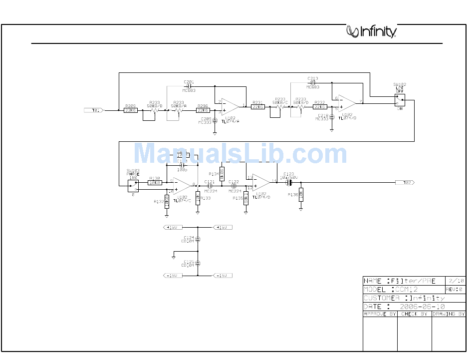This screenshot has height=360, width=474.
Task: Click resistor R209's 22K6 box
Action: pos(130,110)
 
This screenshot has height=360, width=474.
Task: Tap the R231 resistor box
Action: pos(257,106)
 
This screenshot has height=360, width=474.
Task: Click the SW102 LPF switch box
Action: pos(399,100)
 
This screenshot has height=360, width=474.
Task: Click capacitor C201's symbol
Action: pos(189,86)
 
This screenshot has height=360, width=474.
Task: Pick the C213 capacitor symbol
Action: pos(313,83)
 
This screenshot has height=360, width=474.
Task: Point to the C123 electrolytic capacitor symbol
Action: pos(288,182)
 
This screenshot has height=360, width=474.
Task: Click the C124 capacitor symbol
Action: pos(198,239)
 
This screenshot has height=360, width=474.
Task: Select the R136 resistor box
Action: pos(300,195)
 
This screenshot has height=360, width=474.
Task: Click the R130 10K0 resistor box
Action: pos(155,182)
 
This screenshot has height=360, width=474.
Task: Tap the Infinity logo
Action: pos(372,32)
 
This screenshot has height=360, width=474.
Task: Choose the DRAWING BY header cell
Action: pos(449,314)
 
